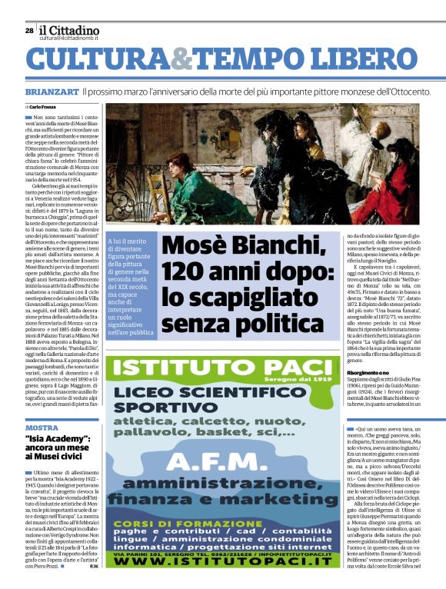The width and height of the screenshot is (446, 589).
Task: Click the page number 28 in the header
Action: coord(29,31)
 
